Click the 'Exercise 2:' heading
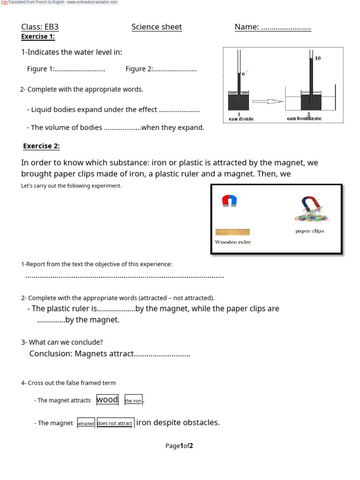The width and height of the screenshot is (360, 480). tap(42, 146)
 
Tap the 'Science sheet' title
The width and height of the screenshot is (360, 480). tap(157, 27)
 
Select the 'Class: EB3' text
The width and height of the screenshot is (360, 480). tap(40, 27)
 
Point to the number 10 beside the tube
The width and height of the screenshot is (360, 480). tap(318, 59)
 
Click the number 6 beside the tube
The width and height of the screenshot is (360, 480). tap(243, 74)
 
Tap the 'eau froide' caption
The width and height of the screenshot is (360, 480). tap(241, 119)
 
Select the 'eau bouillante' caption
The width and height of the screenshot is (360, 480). tap(304, 119)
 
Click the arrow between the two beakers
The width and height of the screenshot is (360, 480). tap(268, 101)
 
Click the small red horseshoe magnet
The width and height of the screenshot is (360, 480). tap(229, 201)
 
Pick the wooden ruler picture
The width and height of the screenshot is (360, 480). tap(232, 232)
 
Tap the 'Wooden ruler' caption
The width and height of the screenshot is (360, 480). tap(232, 242)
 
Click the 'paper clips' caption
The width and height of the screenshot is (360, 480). tap(309, 231)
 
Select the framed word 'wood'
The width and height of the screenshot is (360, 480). tap(107, 400)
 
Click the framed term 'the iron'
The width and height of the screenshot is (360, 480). tap(133, 401)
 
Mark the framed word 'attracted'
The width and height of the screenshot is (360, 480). tap(86, 423)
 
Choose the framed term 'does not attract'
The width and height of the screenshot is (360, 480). tap(115, 423)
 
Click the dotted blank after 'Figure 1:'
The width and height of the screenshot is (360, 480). tap(80, 69)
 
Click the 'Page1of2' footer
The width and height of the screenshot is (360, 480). tap(179, 446)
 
